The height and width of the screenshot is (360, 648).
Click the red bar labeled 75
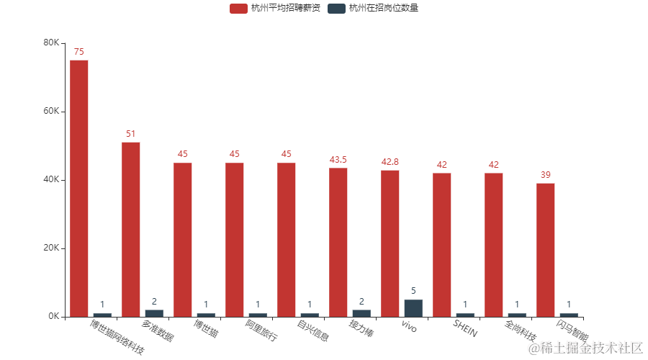pyautogui.click(x=79, y=187)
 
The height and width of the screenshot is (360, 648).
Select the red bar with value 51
pyautogui.click(x=131, y=229)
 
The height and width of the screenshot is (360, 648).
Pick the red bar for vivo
pyautogui.click(x=390, y=243)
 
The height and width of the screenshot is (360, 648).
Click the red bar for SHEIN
pyautogui.click(x=442, y=245)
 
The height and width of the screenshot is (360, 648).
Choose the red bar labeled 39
pyautogui.click(x=546, y=250)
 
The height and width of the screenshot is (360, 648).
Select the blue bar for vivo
pyautogui.click(x=413, y=308)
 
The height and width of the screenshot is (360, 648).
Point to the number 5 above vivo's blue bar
pyautogui.click(x=413, y=291)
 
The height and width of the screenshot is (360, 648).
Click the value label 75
pyautogui.click(x=79, y=52)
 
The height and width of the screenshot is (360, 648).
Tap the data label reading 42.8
pyautogui.click(x=390, y=162)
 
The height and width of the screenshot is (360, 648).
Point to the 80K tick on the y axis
pyautogui.click(x=51, y=43)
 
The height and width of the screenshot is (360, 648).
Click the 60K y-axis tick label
pyautogui.click(x=51, y=112)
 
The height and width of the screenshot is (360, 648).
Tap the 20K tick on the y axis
pyautogui.click(x=51, y=248)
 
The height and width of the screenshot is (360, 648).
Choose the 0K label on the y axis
pyautogui.click(x=53, y=317)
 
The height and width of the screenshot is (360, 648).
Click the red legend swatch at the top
pyautogui.click(x=238, y=9)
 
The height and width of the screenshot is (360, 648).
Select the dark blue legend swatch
pyautogui.click(x=336, y=9)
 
